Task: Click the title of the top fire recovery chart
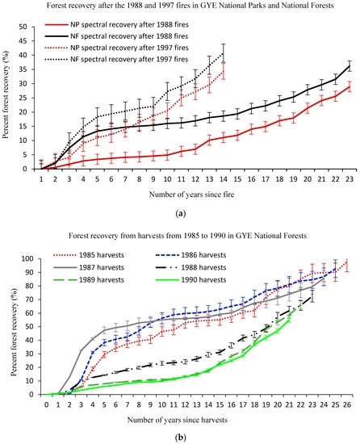[x=180, y=6]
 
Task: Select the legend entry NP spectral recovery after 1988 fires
[x=116, y=25]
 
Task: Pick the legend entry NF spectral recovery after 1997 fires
[x=116, y=59]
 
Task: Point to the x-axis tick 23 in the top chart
[x=350, y=179]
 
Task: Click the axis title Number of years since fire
[x=191, y=195]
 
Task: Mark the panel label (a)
[x=181, y=213]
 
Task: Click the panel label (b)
[x=181, y=438]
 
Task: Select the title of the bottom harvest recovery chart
[x=187, y=236]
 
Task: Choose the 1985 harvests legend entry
[x=89, y=255]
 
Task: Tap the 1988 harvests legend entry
[x=190, y=267]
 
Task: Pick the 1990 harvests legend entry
[x=190, y=280]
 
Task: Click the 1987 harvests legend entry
[x=89, y=267]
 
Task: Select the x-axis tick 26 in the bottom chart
[x=347, y=404]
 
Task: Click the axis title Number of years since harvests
[x=177, y=420]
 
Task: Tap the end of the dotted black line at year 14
[x=224, y=53]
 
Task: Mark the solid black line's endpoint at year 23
[x=350, y=66]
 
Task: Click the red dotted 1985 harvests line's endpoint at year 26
[x=347, y=262]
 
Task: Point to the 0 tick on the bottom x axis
[x=47, y=404]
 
